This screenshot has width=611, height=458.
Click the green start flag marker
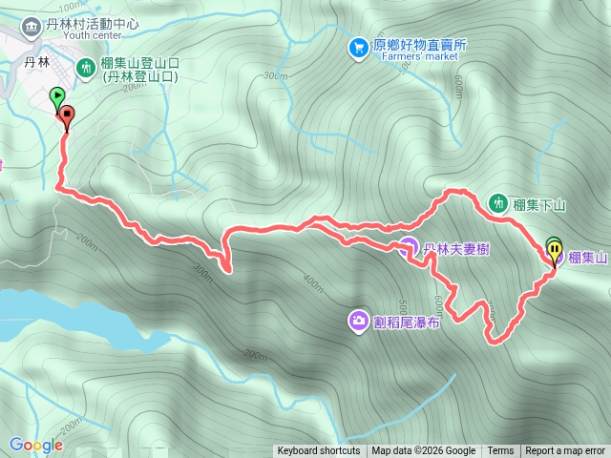click(56, 96)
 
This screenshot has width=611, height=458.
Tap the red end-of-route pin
click(66, 117)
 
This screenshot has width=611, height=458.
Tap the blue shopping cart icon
click(358, 46)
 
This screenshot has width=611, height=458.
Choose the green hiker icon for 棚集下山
click(497, 202)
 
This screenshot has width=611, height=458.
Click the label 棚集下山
click(540, 203)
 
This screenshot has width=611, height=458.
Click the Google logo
click(36, 445)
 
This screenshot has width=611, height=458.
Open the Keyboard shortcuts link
click(319, 451)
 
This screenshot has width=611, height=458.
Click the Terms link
click(500, 451)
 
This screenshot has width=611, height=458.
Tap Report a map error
click(565, 451)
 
